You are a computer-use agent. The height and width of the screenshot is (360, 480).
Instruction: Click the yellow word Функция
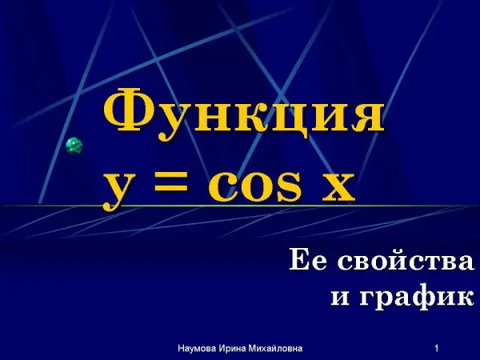click(x=244, y=114)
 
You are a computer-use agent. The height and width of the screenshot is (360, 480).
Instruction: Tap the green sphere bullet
click(x=74, y=146)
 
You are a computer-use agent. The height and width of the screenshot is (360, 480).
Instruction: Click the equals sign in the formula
click(x=171, y=181)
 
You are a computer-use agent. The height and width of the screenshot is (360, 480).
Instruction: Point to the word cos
click(x=254, y=186)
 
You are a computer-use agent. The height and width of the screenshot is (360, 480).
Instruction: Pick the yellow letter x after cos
click(x=338, y=186)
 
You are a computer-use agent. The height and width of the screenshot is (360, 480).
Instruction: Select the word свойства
click(x=406, y=260)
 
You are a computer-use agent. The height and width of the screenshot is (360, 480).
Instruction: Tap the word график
click(x=417, y=296)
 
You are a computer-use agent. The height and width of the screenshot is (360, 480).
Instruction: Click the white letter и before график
click(x=340, y=297)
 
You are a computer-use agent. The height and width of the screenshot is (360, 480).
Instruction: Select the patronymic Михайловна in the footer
click(x=275, y=348)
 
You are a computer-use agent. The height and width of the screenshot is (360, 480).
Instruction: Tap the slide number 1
click(x=437, y=348)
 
